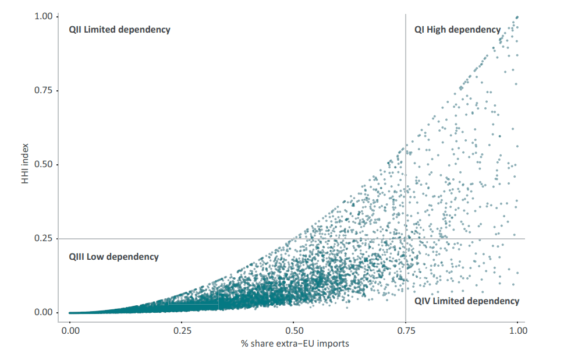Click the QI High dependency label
457,29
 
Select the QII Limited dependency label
119,29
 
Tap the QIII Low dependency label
114,256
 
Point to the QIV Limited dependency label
466,301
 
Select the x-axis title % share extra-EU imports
295,344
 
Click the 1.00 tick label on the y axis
43,16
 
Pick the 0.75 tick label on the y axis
43,90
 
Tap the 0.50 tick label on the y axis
43,164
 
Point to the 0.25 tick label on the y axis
43,238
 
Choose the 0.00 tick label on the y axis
43,312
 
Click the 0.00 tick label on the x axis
70,330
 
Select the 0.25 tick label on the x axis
182,330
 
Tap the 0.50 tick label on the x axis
293,330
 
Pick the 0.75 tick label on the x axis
406,330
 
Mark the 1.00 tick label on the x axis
517,330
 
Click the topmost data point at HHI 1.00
517,17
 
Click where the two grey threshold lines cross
406,238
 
